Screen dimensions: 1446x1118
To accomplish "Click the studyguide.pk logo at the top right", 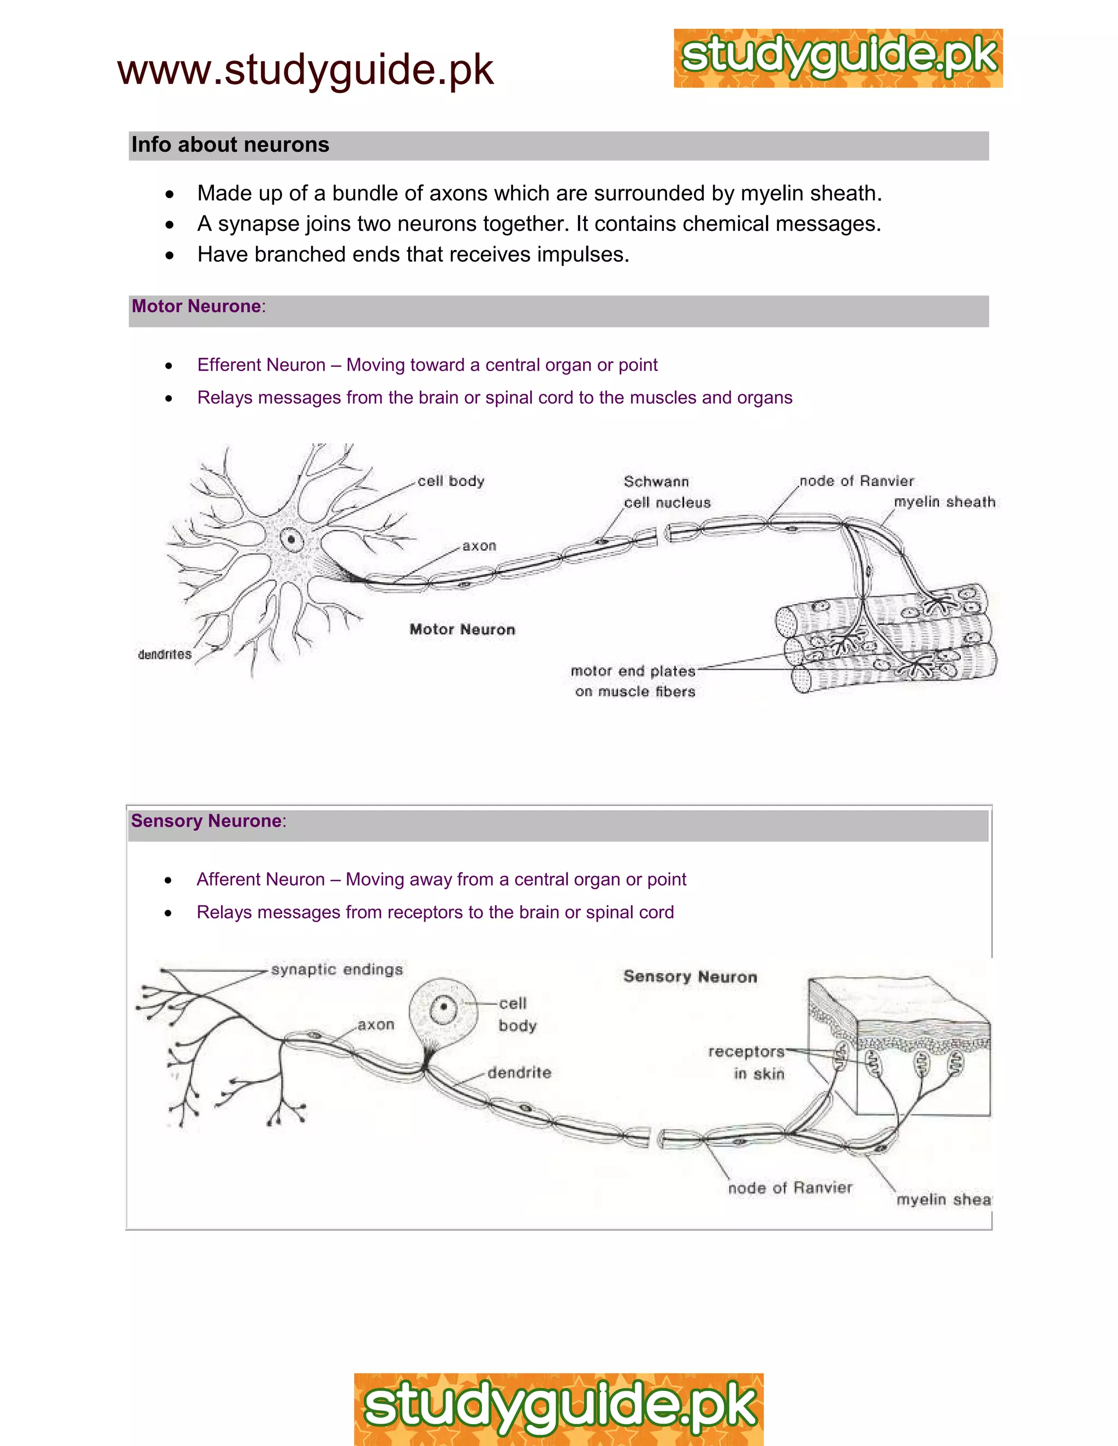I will point(838,58).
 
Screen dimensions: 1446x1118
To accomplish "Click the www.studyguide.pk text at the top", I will point(305,70).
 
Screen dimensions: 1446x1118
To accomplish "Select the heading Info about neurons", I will point(230,145).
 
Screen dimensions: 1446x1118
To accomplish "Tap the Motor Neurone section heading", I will point(196,307).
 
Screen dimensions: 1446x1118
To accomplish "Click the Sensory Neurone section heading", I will point(206,821).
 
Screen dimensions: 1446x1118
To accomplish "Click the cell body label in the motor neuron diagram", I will point(450,481).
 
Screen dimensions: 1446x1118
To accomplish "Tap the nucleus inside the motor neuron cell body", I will point(291,540).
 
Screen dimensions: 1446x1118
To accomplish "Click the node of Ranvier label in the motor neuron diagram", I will point(857,481).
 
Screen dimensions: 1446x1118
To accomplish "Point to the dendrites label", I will point(164,655).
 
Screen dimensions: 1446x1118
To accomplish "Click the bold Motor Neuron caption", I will point(462,630).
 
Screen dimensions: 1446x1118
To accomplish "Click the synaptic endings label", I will point(336,970).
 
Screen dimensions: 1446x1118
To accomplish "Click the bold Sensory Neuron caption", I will point(689,977).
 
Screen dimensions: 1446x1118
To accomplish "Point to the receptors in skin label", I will point(746,1062).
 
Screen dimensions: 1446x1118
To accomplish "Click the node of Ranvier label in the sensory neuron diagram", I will point(789,1188).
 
